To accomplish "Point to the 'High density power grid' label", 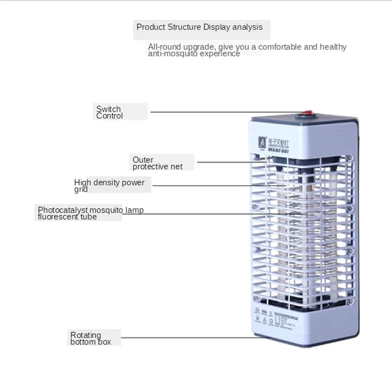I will (x=109, y=185).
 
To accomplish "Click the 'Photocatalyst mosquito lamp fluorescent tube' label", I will (x=91, y=213).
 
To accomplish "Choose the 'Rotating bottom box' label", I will (x=91, y=338).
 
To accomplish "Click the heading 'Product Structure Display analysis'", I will (x=199, y=27).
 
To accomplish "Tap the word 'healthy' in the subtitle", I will (x=333, y=47).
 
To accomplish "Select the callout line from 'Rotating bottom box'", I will (x=191, y=337).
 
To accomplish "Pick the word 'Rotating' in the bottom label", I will (x=86, y=335).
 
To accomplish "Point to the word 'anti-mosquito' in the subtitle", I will (x=170, y=53).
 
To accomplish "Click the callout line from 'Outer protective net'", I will (x=225, y=162).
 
